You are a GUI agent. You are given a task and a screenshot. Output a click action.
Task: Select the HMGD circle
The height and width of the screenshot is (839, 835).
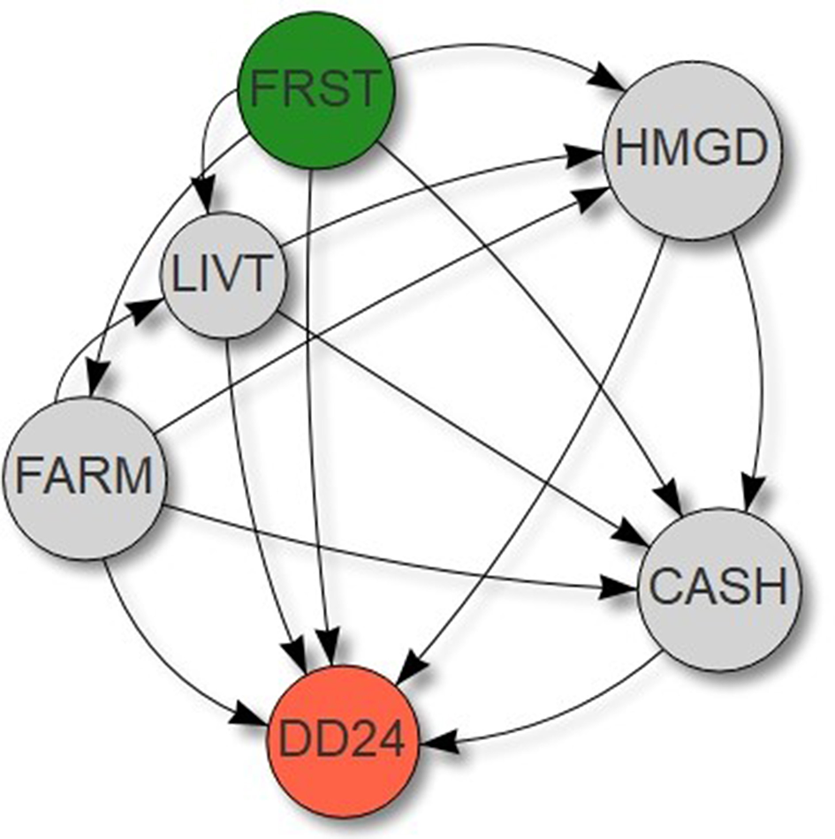point(692,148)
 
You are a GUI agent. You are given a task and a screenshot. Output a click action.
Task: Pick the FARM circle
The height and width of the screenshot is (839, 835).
point(85,478)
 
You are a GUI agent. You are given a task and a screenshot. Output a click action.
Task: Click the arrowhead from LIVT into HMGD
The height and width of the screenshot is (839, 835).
point(582,157)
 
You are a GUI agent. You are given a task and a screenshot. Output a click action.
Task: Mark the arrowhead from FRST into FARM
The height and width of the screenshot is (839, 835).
point(96,388)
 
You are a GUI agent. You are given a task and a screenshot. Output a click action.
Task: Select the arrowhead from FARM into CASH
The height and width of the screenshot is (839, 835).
point(623,586)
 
